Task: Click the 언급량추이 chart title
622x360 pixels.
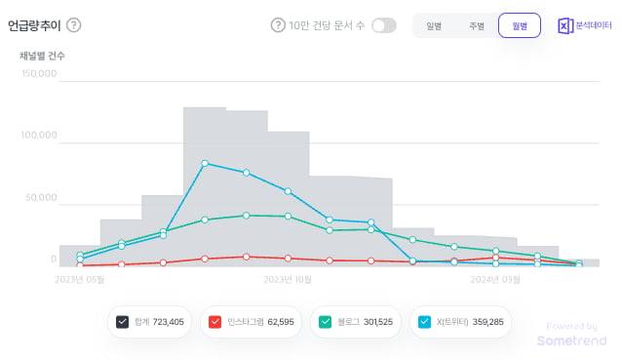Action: (x=35, y=25)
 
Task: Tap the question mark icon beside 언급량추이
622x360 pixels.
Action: (x=74, y=25)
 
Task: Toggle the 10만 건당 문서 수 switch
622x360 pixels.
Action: (x=383, y=25)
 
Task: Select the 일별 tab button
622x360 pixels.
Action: (x=434, y=26)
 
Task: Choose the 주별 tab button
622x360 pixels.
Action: (x=477, y=26)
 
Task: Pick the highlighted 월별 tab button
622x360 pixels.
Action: (x=519, y=26)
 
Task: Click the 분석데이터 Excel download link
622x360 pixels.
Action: (x=578, y=26)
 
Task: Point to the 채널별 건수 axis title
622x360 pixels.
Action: (x=42, y=56)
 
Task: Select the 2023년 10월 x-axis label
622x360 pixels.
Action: (x=288, y=279)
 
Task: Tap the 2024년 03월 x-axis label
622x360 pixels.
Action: (x=496, y=279)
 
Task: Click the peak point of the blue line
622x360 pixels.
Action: (x=205, y=163)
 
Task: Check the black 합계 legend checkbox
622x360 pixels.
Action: (x=123, y=322)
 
